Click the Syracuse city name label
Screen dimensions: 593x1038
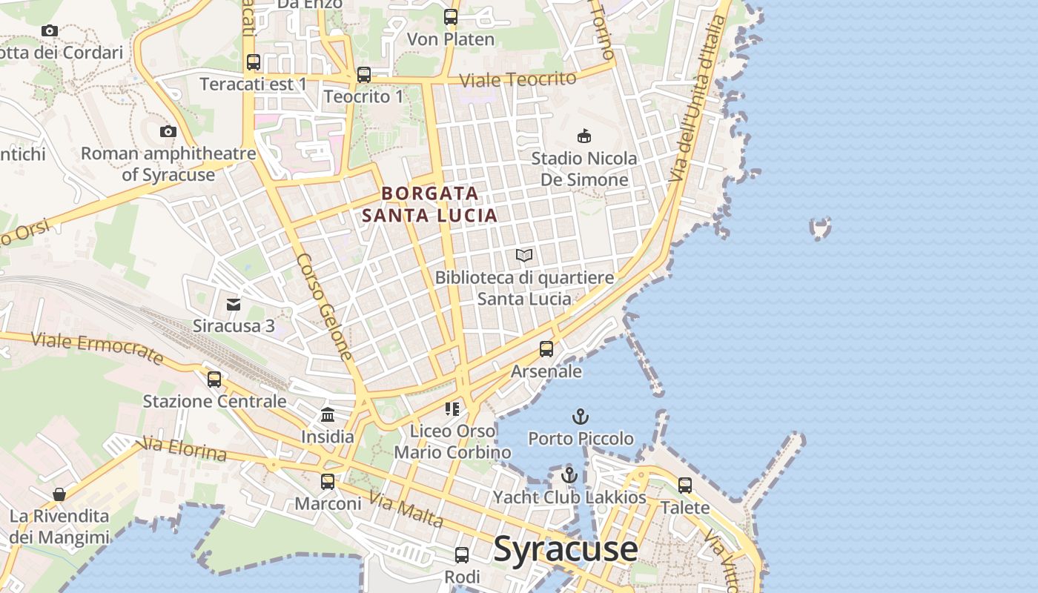[565, 549]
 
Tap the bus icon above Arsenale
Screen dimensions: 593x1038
[546, 348]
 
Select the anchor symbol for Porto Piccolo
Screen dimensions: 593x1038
[581, 417]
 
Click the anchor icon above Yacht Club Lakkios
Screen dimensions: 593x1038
[569, 475]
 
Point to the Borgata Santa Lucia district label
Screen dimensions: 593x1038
[430, 205]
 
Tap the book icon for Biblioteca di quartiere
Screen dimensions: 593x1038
[524, 256]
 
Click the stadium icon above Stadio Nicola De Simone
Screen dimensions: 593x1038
[584, 136]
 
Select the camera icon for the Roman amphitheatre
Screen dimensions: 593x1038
[168, 132]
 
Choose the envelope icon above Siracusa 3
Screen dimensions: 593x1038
[234, 304]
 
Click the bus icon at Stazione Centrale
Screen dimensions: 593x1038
[214, 380]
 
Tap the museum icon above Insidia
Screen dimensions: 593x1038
[328, 414]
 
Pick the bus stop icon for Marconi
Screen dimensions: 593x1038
[328, 482]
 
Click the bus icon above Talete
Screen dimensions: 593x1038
[685, 486]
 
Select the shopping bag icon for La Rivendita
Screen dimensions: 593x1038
[59, 494]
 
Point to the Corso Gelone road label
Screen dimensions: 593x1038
[325, 307]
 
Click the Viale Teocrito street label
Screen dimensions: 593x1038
[518, 79]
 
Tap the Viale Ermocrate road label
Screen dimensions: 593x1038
[97, 348]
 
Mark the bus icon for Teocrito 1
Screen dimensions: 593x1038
[363, 75]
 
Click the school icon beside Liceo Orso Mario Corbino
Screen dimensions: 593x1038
[452, 408]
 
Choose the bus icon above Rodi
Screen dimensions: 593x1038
[462, 554]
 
